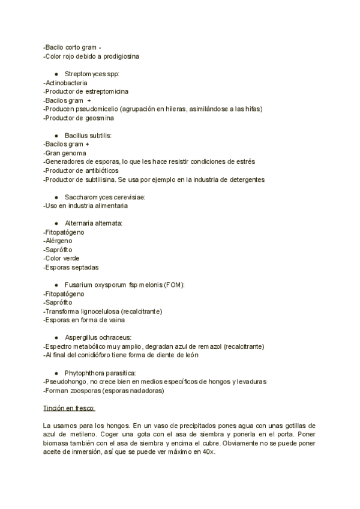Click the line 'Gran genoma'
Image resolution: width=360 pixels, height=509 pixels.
[x=63, y=153]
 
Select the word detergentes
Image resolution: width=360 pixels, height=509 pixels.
[x=244, y=179]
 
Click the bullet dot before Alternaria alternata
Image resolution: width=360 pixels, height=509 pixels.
[x=56, y=223]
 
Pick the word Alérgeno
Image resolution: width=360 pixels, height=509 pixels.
[x=59, y=241]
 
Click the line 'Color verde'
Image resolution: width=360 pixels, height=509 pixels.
[x=62, y=258]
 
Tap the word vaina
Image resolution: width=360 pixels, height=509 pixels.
[x=115, y=320]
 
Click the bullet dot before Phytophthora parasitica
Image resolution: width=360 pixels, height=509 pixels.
[x=56, y=373]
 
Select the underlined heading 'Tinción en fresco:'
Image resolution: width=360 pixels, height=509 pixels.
[x=70, y=408]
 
